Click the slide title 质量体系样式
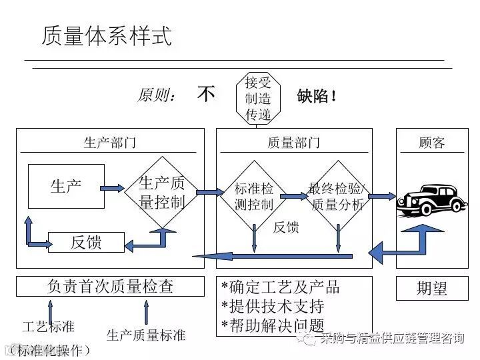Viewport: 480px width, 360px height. coord(107,35)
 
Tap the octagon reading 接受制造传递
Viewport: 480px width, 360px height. coord(258,99)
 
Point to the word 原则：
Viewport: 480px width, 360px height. coord(157,95)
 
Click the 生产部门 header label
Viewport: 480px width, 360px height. coord(110,142)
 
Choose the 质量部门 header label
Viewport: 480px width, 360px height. coord(293,143)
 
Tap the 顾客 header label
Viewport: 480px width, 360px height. coord(431,143)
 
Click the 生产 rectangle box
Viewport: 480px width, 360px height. coord(66,186)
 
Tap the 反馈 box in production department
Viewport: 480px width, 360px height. coord(86,242)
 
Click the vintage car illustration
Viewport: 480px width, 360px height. coord(431,199)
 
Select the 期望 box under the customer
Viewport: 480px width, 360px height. coord(431,288)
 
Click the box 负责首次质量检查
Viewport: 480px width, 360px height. coord(110,287)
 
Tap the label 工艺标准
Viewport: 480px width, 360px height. coord(48,327)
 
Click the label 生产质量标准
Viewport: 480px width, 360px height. coord(146,335)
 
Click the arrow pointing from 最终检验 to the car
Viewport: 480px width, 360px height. coord(382,196)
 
